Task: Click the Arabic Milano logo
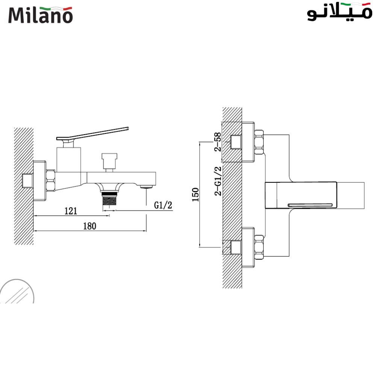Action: [339, 13]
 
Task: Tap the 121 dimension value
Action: [70, 211]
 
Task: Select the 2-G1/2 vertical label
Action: [218, 182]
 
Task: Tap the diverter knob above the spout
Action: [109, 159]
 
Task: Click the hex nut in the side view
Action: [51, 180]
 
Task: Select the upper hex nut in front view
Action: [259, 143]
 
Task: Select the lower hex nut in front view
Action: [259, 247]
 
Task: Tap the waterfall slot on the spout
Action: [311, 205]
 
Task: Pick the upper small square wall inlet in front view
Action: [236, 142]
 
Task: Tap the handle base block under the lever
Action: [69, 159]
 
